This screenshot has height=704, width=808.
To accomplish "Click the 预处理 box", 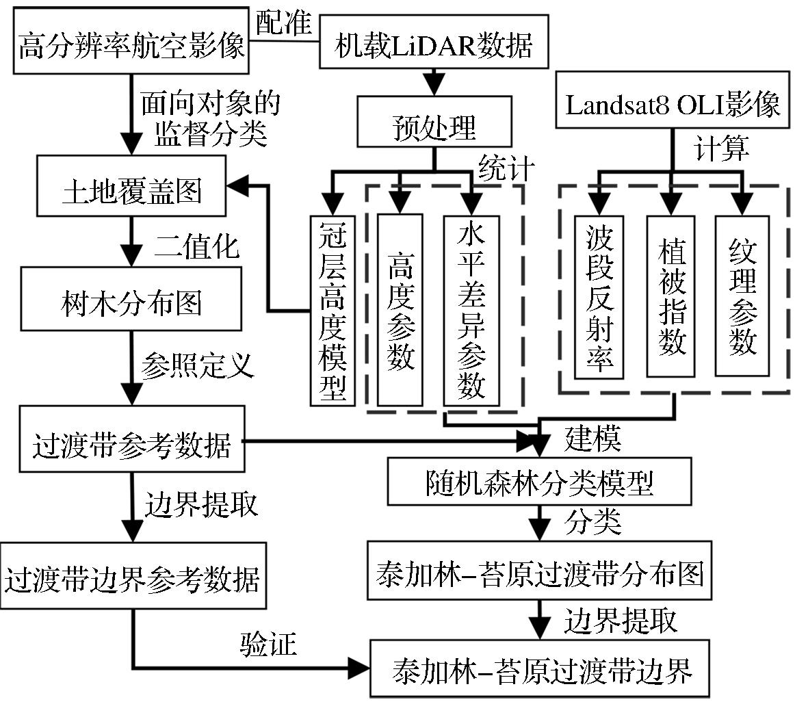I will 434,127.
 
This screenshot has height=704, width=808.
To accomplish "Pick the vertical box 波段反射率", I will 599,298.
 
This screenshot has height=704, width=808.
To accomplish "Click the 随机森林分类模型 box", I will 540,482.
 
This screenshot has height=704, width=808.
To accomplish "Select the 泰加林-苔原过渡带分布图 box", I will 540,573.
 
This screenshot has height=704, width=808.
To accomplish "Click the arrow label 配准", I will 283,23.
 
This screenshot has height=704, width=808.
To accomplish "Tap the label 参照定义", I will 197,366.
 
